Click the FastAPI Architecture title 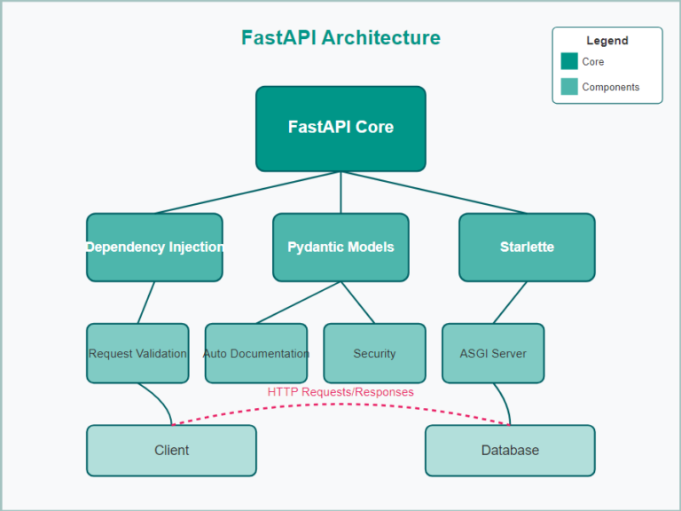[x=340, y=37]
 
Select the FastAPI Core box [x=340, y=128]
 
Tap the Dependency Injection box [x=154, y=247]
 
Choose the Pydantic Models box [x=340, y=247]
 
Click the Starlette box [x=527, y=247]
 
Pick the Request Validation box [x=137, y=353]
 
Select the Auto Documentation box [x=256, y=353]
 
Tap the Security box [x=374, y=353]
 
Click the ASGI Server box [x=493, y=353]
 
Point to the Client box [x=171, y=450]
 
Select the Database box [x=510, y=450]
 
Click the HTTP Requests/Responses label [x=340, y=391]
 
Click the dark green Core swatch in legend [x=569, y=62]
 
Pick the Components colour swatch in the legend [x=569, y=87]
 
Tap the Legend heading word [x=607, y=41]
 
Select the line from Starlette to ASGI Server [x=510, y=303]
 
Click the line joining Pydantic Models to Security [x=357, y=303]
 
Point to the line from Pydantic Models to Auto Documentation [x=298, y=303]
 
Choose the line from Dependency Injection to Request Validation [x=146, y=303]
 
